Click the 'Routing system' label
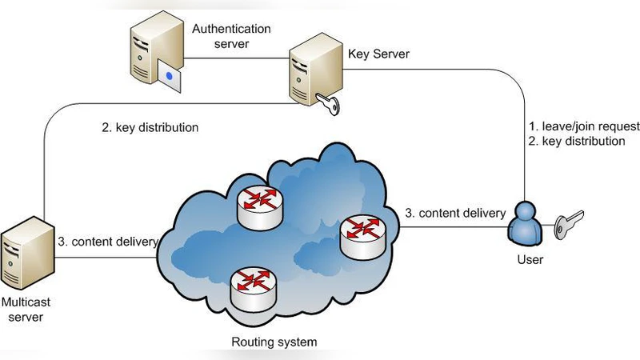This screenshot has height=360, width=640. click(274, 342)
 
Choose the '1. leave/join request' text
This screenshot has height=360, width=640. click(584, 126)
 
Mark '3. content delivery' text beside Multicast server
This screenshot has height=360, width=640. click(108, 242)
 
